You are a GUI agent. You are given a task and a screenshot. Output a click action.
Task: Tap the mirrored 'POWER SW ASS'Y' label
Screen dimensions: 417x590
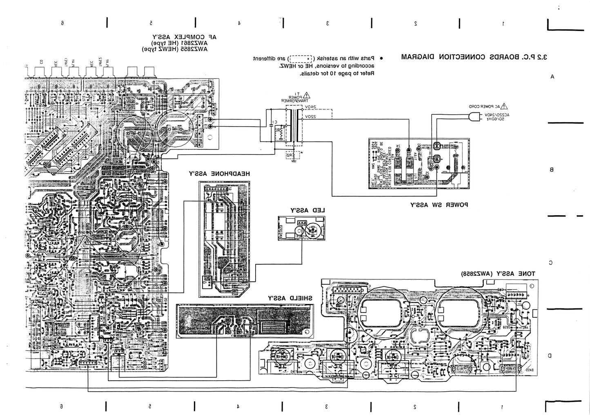point(439,205)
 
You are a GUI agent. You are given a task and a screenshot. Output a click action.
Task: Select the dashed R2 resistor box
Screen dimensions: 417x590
point(291,155)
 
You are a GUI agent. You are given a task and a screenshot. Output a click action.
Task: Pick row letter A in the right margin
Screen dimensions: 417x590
point(552,76)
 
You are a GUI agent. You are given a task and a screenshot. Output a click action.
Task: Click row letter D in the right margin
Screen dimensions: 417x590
point(550,355)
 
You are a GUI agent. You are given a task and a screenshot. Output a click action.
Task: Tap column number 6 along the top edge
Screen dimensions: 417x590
point(62,23)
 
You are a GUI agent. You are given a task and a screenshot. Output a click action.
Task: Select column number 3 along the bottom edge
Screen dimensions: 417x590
point(327,406)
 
